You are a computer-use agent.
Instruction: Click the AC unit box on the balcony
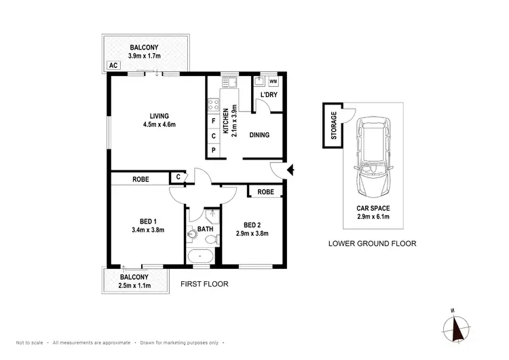(113, 67)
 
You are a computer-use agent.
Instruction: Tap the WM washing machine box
(273, 82)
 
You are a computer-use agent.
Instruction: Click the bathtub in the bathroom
(200, 257)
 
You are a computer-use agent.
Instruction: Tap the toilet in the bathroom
(193, 234)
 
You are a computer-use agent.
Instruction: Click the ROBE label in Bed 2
(265, 192)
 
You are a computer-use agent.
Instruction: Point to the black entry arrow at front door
(290, 170)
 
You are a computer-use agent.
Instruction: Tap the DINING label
(259, 135)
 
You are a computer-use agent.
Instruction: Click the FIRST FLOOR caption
(204, 284)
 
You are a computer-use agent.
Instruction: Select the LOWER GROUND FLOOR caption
(371, 243)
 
